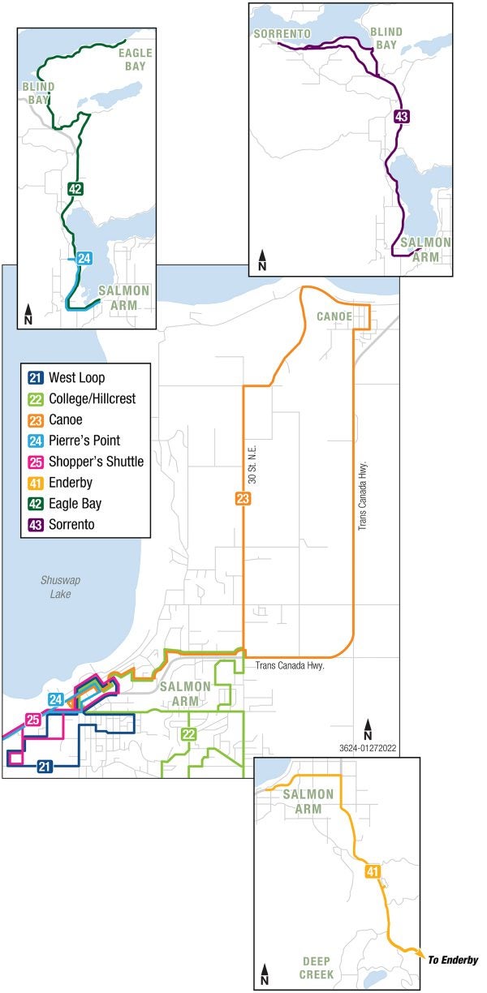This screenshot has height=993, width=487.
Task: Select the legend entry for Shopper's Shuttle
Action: pos(85,462)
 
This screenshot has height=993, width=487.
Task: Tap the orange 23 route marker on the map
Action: pos(243,499)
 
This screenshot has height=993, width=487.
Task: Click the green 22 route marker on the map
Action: pos(187,733)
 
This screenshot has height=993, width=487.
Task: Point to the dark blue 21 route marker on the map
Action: pos(45,765)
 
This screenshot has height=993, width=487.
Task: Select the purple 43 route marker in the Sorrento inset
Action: pos(400,117)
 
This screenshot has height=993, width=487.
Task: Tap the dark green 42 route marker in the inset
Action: pos(75,189)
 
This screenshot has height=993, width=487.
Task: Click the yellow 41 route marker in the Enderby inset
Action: pos(373,872)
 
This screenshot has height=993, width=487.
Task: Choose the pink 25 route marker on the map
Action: pos(32,719)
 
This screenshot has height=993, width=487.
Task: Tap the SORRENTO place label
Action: pos(282,34)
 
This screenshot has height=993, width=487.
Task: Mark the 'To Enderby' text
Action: pos(453,961)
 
